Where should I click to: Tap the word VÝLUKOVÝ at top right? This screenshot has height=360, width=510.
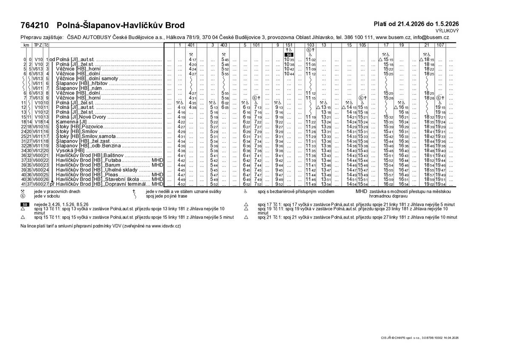pyautogui.click(x=447, y=31)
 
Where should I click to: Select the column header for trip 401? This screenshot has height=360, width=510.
pyautogui.click(x=191, y=45)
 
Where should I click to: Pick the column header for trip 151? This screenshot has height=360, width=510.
pyautogui.click(x=289, y=45)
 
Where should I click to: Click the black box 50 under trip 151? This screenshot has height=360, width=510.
pyautogui.click(x=289, y=55)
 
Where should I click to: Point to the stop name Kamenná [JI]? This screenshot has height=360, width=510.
pyautogui.click(x=71, y=122)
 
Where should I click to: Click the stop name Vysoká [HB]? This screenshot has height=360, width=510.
pyautogui.click(x=70, y=150)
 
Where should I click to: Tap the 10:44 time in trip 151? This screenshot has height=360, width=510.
pyautogui.click(x=289, y=74)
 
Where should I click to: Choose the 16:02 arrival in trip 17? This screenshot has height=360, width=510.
pyautogui.click(x=388, y=184)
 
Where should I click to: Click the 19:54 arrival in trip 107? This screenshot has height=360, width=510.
pyautogui.click(x=440, y=184)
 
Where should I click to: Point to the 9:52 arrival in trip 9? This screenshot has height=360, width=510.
pyautogui.click(x=279, y=184)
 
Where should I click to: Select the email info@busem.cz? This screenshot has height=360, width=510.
pyautogui.click(x=432, y=37)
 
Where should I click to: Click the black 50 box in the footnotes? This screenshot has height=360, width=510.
pyautogui.click(x=25, y=204)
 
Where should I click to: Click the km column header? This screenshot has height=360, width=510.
pyautogui.click(x=26, y=45)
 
